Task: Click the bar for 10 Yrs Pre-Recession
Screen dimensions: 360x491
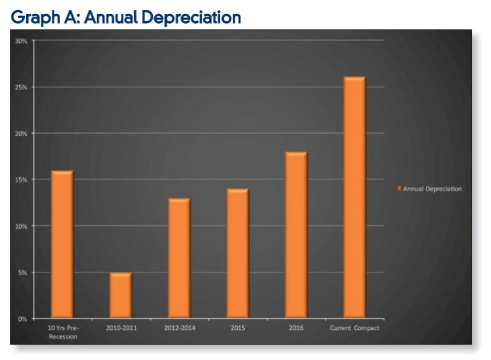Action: coord(62,244)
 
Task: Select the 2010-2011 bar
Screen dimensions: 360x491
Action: coord(120,295)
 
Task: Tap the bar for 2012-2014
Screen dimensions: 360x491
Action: coord(179,258)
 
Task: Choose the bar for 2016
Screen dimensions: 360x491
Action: coord(296,235)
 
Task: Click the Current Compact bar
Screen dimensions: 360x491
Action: coord(354,198)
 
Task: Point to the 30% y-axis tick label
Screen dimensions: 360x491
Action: coord(21,41)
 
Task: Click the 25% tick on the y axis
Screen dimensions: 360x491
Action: coord(21,87)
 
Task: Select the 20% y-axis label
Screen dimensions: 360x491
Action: coord(21,134)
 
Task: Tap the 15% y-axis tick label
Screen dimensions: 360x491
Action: coord(21,180)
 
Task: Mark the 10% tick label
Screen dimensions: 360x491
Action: coord(21,226)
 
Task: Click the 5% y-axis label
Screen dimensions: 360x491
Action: coord(22,273)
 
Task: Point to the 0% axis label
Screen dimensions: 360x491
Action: coord(22,319)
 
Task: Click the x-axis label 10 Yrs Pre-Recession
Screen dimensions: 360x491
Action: coord(63,332)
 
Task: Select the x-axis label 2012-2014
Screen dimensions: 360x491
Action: coord(179,329)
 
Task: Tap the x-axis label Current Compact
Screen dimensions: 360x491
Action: coord(354,329)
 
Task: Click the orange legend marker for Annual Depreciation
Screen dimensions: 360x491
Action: coord(400,189)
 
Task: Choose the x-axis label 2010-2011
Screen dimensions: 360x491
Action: coord(121,329)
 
